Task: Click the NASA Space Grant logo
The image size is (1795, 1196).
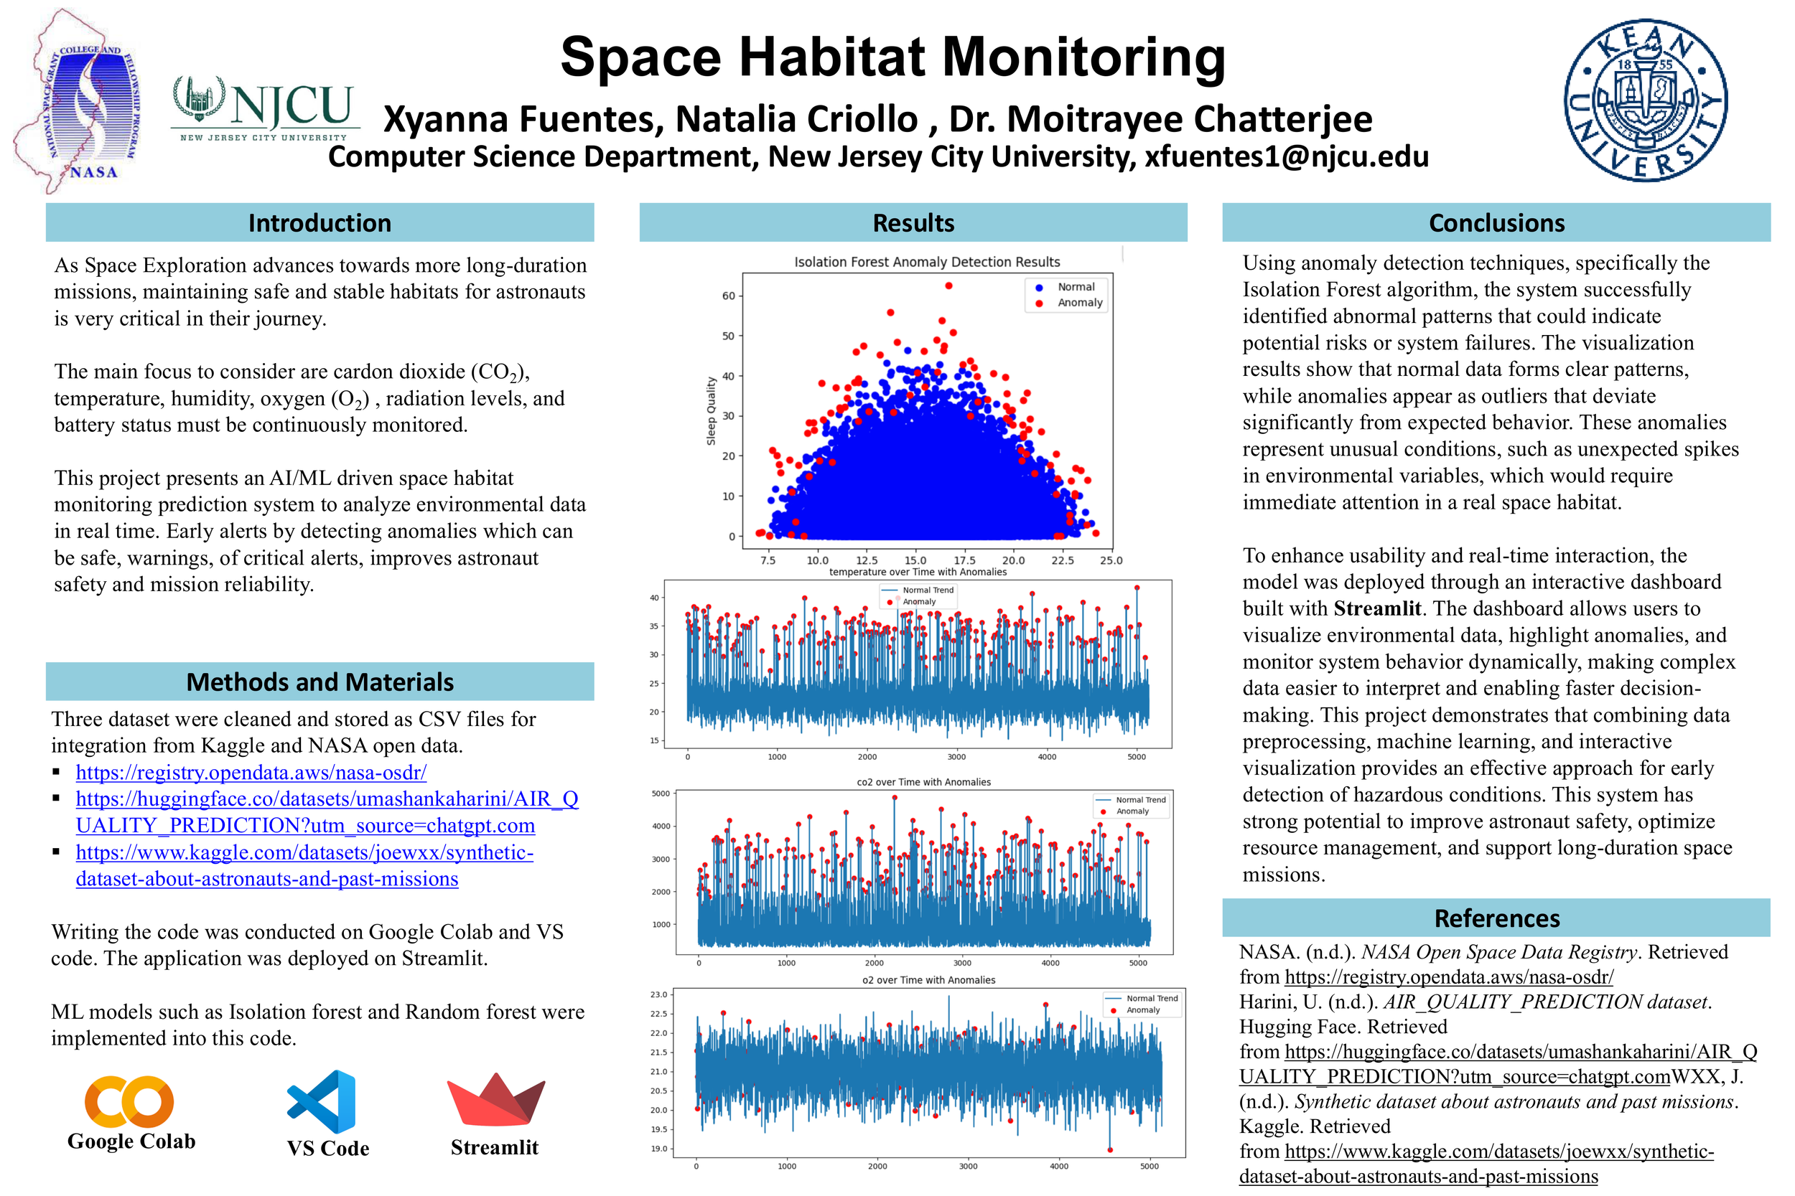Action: [76, 101]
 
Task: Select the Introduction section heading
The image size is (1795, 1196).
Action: [319, 222]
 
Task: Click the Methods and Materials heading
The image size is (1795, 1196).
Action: [319, 681]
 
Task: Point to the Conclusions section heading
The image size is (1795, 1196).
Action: [1496, 222]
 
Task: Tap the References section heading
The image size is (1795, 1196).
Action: [1496, 918]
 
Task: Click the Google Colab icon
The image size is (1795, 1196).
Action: [129, 1101]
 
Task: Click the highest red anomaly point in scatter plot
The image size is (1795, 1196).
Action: [948, 286]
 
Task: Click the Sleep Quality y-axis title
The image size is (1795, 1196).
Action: [711, 410]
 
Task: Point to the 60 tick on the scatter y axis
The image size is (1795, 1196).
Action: [728, 296]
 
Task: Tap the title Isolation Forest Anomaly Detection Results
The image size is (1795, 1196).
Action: [926, 262]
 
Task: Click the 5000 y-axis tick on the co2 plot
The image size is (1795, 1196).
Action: [660, 794]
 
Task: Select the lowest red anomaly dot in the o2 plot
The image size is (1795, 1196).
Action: [1109, 1149]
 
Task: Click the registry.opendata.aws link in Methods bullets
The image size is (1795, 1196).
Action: [251, 772]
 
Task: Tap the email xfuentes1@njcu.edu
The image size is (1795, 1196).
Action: [1286, 156]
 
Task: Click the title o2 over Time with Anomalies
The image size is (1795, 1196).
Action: [928, 980]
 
